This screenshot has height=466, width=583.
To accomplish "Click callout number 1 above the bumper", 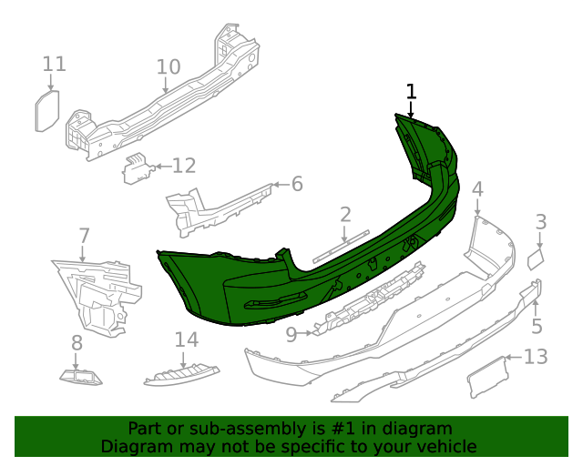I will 411,91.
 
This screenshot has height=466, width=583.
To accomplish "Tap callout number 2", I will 345,215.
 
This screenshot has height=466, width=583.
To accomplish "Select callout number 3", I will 540,221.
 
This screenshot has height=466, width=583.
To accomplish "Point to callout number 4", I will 477,189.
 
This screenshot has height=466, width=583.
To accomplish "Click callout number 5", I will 537,326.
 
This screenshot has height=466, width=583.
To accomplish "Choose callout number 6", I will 296,185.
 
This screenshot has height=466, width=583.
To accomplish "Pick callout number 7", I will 84,237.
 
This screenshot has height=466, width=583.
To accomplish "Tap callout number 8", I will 77,343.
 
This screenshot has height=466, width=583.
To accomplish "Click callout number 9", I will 291,334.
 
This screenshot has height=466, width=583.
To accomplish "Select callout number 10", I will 168,67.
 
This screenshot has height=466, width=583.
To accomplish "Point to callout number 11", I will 54,64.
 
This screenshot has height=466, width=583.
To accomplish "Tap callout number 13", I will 536,357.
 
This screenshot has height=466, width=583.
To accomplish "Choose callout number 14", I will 186,339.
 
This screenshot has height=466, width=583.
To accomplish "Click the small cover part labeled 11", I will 46,111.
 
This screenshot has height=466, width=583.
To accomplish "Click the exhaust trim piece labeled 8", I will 81,375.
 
